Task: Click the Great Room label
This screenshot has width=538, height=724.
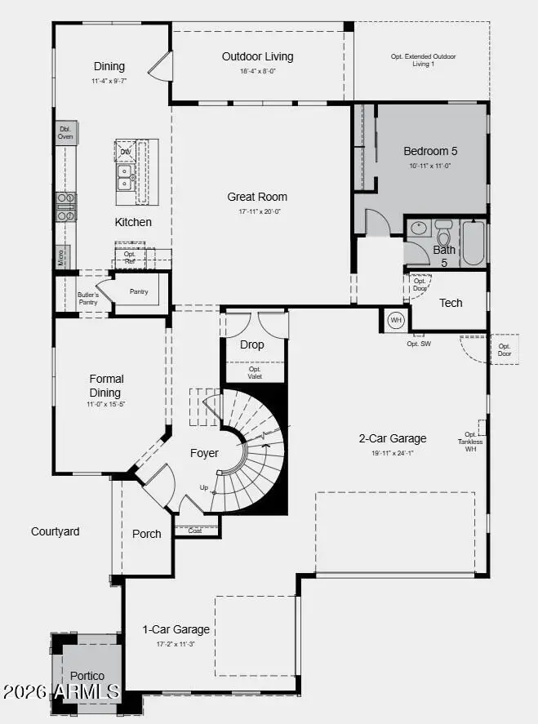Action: (x=257, y=197)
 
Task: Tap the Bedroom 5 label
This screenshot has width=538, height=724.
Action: (x=430, y=151)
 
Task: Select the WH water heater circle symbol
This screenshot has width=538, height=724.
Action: (x=396, y=320)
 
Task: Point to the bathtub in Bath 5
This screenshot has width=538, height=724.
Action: (x=474, y=242)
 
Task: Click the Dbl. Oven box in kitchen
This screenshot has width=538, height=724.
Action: (x=66, y=133)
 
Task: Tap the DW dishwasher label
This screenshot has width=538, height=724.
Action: (x=126, y=152)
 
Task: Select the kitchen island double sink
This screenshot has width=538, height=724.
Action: (x=126, y=177)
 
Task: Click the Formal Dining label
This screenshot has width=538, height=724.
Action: (x=107, y=385)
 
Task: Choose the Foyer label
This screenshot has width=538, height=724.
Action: (x=204, y=453)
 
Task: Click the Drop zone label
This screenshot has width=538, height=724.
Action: (x=252, y=344)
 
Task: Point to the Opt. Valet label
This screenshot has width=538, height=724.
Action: (x=254, y=373)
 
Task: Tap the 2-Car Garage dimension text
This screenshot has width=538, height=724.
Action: (x=393, y=452)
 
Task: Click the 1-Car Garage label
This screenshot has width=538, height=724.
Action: (x=176, y=629)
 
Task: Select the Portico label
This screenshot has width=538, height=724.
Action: (x=87, y=676)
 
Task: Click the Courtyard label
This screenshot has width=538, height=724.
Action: (x=56, y=531)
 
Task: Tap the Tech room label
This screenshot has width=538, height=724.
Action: (x=451, y=303)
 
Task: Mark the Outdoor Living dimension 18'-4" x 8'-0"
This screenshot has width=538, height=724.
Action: (x=257, y=71)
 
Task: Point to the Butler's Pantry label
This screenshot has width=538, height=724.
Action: (x=88, y=299)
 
